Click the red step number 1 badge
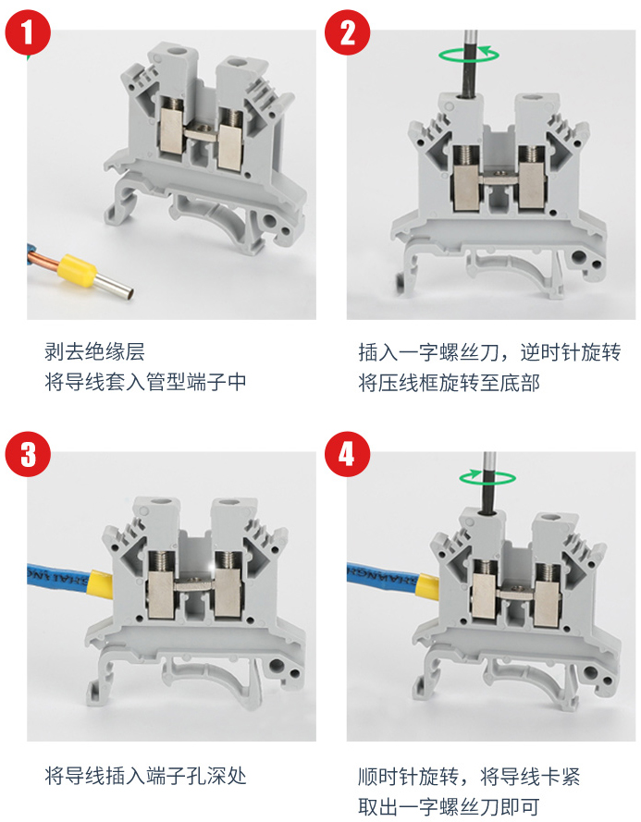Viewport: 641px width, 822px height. point(28,33)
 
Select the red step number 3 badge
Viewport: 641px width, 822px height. point(28,454)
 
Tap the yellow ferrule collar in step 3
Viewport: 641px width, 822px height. point(101,583)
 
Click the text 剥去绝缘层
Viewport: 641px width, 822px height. point(95,352)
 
